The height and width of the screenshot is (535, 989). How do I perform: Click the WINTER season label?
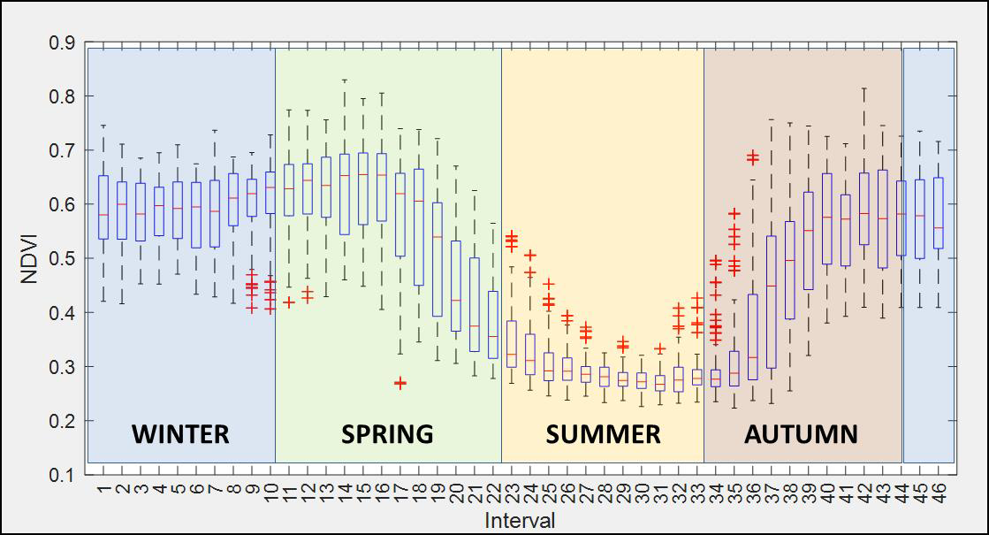180,434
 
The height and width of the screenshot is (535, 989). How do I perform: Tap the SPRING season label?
387,434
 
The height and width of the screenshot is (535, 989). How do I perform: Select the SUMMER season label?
603,434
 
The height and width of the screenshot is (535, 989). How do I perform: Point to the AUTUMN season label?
801,434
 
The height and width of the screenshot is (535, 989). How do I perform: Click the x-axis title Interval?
520,520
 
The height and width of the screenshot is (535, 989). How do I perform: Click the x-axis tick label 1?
104,487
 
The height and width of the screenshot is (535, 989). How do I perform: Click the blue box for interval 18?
418,227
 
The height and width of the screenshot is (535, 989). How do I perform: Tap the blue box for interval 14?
345,195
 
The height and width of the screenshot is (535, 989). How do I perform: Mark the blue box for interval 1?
103,207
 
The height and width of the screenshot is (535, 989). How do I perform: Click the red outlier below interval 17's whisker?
400,383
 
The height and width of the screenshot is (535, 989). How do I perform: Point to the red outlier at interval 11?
289,302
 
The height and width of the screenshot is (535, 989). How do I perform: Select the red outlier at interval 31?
659,349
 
